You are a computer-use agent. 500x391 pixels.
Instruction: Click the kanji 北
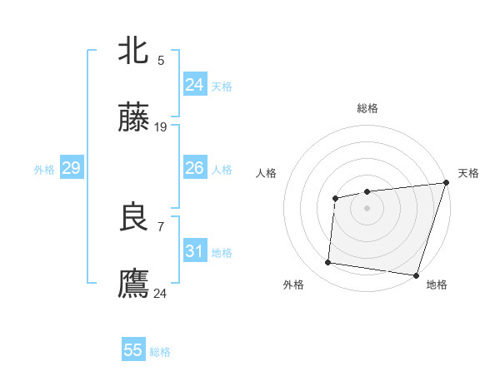point(133,51)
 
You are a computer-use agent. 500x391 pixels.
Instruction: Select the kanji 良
point(133,218)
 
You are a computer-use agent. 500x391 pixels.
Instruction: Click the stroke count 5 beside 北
point(161,60)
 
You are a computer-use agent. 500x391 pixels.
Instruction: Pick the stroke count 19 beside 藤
point(161,127)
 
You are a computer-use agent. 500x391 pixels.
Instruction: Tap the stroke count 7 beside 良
point(161,225)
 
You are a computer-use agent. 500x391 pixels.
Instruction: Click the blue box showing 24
point(194,85)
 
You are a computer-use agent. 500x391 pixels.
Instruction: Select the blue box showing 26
point(194,169)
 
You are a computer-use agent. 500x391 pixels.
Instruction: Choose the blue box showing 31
point(194,251)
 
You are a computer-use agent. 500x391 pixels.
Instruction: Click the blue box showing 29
point(71,169)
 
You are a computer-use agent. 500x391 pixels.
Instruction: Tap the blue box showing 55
point(133,350)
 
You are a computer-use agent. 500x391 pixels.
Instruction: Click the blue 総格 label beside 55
point(160,352)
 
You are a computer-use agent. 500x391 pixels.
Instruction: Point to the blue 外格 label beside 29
point(44,170)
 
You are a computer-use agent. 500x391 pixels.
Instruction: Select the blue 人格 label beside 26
point(222,170)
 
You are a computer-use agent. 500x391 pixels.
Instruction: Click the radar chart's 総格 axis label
point(367,108)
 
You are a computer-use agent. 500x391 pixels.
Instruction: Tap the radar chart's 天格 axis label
point(468,173)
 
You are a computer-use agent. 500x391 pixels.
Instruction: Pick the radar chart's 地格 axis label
point(437,285)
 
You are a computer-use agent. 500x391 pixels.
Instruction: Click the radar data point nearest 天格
point(446,183)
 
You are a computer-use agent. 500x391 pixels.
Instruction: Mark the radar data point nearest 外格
point(328,263)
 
